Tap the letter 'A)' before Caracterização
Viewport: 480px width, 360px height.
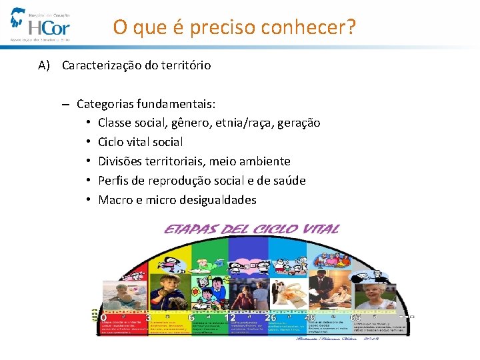[45, 65]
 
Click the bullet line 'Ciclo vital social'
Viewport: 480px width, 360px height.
[140, 142]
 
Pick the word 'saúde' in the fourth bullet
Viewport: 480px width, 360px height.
[289, 181]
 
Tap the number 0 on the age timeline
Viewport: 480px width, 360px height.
[103, 317]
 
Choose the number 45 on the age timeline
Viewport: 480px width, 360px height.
[311, 317]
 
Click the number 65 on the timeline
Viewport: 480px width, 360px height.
[355, 318]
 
